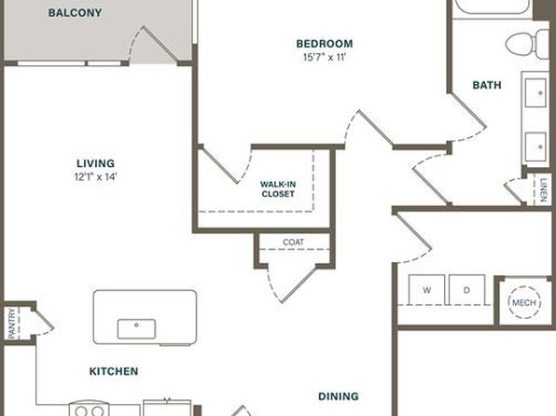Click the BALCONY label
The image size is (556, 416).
pos(76,13)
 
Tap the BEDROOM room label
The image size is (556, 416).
pos(325,44)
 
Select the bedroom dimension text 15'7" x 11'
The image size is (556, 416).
pos(325,58)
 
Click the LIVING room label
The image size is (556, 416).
pos(96,163)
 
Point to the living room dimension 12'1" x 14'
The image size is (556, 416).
pos(96,176)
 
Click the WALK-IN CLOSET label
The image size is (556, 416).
pos(278,189)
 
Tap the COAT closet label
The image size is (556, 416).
pos(293,243)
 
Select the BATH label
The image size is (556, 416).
pos(487,85)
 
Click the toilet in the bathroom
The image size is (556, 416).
pos(527,45)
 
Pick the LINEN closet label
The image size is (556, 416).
pos(543,190)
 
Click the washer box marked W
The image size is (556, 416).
pos(426,290)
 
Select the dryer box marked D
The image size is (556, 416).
pos(466,290)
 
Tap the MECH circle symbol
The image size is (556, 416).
pos(524,302)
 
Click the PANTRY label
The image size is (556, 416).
pos(12,323)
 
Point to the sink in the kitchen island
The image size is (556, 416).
pos(136,328)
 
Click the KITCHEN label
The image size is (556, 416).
pos(114,371)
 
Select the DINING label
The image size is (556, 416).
pos(339,396)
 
